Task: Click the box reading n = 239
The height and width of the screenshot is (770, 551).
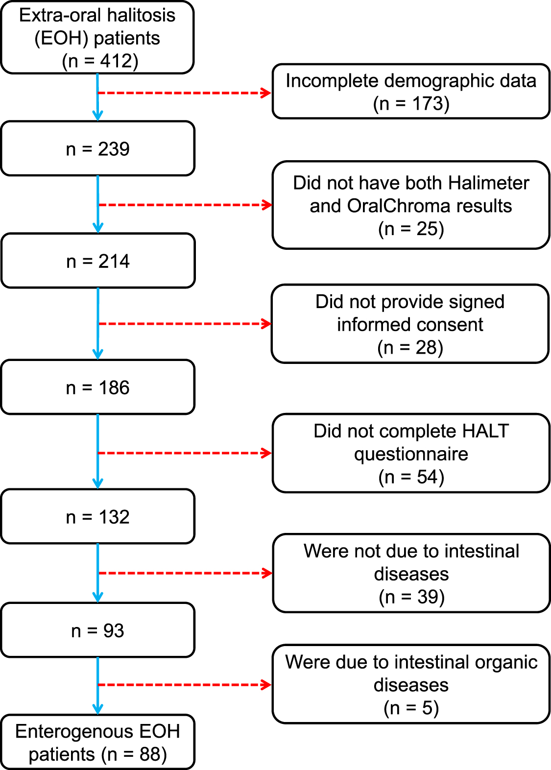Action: pyautogui.click(x=98, y=149)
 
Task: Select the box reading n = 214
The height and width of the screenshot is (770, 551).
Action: pyautogui.click(x=98, y=261)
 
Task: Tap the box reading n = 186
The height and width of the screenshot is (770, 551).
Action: pyautogui.click(x=98, y=387)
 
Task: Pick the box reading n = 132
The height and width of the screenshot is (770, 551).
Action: pyautogui.click(x=98, y=517)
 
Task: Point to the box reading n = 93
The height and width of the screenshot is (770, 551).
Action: pyautogui.click(x=98, y=630)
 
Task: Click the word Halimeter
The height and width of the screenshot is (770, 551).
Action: pyautogui.click(x=488, y=183)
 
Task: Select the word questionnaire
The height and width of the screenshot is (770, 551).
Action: pyautogui.click(x=411, y=454)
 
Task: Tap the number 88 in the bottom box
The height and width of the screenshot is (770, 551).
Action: pyautogui.click(x=150, y=754)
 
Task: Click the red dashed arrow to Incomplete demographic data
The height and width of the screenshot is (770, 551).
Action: pyautogui.click(x=184, y=93)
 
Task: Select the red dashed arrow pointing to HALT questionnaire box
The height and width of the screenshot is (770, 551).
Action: pyautogui.click(x=184, y=453)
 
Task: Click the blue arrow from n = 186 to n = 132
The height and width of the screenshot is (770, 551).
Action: pyautogui.click(x=98, y=451)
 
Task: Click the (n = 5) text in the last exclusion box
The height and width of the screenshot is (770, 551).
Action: pyautogui.click(x=411, y=708)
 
